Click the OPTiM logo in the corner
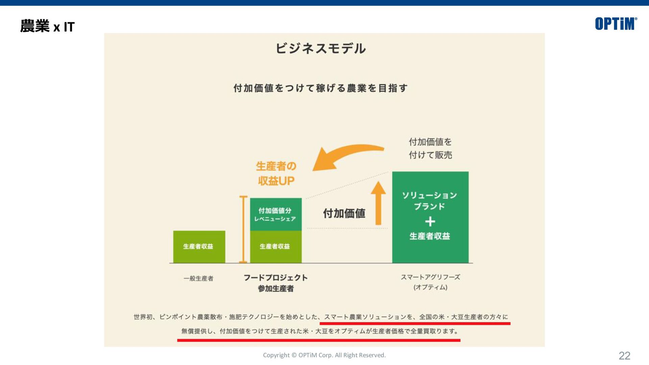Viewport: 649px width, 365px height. tap(616, 24)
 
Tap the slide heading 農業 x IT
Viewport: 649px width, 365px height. tap(47, 26)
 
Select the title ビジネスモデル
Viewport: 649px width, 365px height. tap(320, 48)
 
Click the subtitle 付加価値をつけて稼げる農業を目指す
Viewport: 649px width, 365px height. tap(320, 88)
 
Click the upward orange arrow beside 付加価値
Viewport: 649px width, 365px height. tap(378, 203)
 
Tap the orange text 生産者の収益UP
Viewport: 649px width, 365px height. tap(276, 173)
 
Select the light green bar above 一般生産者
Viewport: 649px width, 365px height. tap(199, 247)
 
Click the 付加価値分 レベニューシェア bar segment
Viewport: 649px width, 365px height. tap(275, 214)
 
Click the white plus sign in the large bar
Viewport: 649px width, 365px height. tap(430, 222)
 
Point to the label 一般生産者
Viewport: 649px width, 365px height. tap(198, 278)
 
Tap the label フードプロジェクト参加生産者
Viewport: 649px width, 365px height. tap(275, 283)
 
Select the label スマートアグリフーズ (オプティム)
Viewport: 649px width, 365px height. tap(430, 282)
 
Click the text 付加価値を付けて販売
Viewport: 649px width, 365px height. tap(430, 148)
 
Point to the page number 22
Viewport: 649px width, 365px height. tap(624, 356)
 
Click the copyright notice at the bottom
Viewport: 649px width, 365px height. tap(324, 355)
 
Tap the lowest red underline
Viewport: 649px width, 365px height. tap(318, 340)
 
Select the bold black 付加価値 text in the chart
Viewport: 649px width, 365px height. tap(344, 214)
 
